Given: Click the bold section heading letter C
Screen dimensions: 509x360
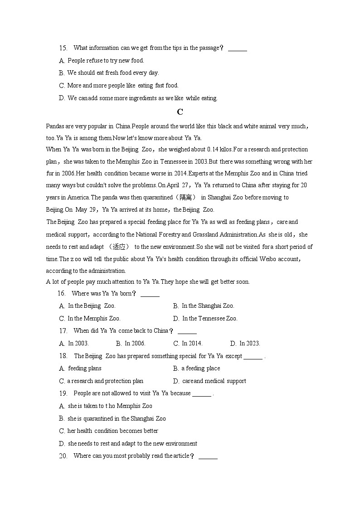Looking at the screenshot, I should (x=180, y=112).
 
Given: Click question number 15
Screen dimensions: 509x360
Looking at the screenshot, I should (x=63, y=48).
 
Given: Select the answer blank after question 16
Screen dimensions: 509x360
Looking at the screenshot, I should (x=150, y=294).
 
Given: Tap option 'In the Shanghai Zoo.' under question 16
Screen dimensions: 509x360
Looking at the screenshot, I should (x=208, y=306).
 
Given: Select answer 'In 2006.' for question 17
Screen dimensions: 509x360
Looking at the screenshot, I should (x=135, y=344).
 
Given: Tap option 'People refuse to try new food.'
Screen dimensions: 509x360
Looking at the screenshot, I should (x=106, y=61).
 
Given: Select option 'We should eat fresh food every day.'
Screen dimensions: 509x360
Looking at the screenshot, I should (x=113, y=73).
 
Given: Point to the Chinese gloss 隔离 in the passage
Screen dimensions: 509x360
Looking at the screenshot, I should (x=186, y=198).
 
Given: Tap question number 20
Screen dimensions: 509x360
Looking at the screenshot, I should (x=63, y=456).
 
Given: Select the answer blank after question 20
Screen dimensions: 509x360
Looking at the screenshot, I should (x=208, y=456).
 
